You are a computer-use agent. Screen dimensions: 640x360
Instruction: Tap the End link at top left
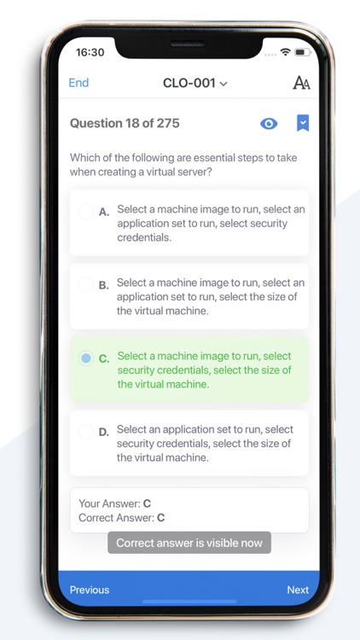tap(78, 83)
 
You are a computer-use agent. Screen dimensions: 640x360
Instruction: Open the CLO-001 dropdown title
tap(195, 83)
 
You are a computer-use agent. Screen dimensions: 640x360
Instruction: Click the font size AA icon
tap(301, 83)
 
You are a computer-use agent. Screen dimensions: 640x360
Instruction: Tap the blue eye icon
tap(269, 124)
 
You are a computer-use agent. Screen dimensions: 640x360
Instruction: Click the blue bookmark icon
tap(302, 124)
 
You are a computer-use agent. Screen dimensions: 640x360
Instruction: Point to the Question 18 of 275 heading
tap(125, 124)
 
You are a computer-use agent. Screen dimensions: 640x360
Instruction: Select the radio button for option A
tap(85, 212)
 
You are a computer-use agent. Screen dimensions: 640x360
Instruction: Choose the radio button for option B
tap(85, 285)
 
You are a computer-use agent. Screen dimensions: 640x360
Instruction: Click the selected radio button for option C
tap(85, 358)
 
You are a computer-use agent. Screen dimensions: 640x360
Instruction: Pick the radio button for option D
tap(85, 432)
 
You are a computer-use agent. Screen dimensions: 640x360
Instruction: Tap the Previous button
tap(90, 590)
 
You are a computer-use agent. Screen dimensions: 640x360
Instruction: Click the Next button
tap(298, 590)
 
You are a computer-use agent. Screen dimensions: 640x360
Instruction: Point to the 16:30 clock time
tap(90, 52)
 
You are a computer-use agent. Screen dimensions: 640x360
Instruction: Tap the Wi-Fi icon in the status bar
tap(285, 52)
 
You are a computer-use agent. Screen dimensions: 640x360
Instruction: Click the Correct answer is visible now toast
tap(189, 543)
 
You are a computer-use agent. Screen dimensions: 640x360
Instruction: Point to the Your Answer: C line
tap(114, 503)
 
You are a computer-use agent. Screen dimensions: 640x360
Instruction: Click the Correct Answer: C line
tap(121, 517)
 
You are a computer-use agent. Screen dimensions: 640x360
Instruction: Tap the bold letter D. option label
tap(103, 432)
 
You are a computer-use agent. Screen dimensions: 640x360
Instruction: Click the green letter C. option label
tap(103, 358)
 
